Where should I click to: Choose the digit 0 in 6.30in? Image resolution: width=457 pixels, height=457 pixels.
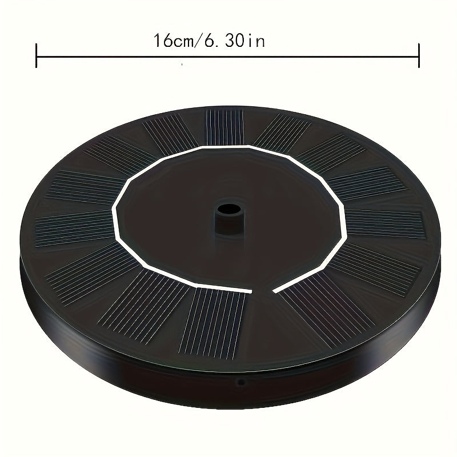pos(242,42)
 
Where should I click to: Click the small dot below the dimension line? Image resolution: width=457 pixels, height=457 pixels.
pos(182,66)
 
